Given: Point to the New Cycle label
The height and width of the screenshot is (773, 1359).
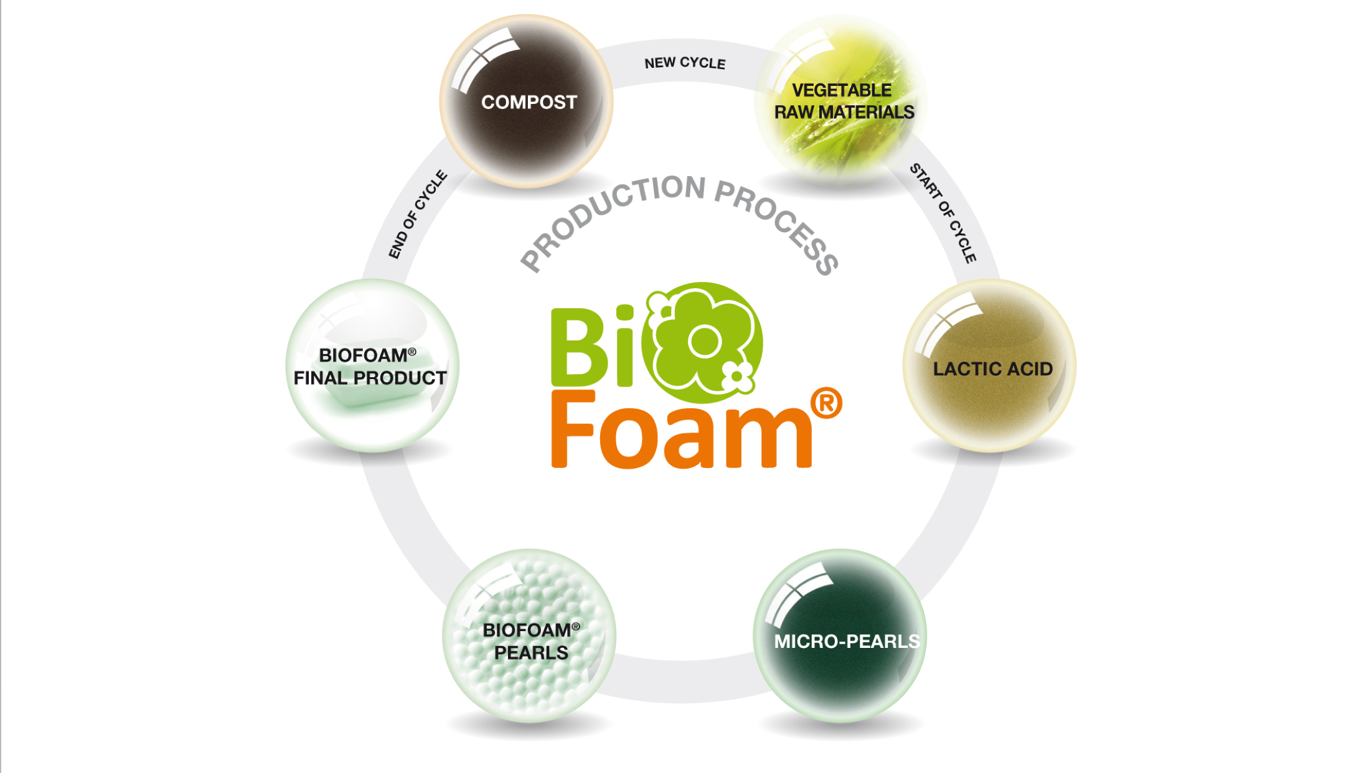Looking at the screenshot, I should pyautogui.click(x=685, y=63).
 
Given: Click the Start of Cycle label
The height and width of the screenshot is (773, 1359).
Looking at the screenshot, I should pyautogui.click(x=943, y=213).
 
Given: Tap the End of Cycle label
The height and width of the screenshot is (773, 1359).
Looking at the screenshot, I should pyautogui.click(x=417, y=214).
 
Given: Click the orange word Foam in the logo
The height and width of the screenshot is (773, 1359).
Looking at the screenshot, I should pyautogui.click(x=681, y=433).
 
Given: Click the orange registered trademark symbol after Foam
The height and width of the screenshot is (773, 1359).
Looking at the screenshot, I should pyautogui.click(x=826, y=403).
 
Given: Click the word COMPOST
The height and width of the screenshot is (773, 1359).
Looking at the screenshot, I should pyautogui.click(x=529, y=102).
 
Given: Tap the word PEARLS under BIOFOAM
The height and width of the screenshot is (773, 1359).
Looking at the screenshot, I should pyautogui.click(x=531, y=653).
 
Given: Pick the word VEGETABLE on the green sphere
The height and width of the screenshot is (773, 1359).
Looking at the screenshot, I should pyautogui.click(x=842, y=90).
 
